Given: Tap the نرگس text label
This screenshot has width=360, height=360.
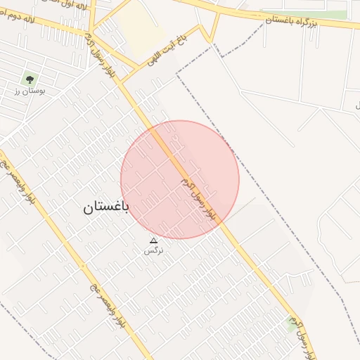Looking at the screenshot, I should pos(153,250).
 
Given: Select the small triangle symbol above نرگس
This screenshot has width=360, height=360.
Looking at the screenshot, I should pos(154,240).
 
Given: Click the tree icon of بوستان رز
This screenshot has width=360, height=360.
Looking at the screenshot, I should pos(30,78).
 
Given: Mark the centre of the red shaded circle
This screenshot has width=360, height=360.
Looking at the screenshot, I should pos(180,179).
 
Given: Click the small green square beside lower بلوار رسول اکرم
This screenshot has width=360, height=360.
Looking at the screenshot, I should pos(292,322).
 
